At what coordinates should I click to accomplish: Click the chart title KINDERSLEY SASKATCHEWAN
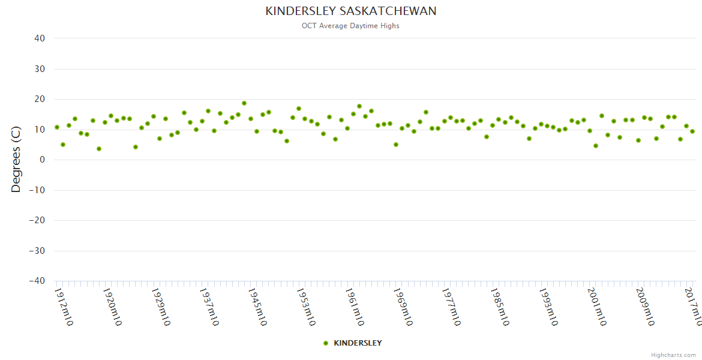351,11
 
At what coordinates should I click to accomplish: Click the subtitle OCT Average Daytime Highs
350,26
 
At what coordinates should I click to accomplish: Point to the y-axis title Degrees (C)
16,159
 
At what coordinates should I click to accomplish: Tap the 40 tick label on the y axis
40,38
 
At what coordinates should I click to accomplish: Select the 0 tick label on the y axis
43,160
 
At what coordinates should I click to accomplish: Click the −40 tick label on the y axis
37,281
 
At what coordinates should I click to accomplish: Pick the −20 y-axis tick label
37,220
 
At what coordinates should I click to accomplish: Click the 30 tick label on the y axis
40,69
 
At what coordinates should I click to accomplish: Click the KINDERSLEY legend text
358,343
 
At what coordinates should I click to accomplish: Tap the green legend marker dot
326,343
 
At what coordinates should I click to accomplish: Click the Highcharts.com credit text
673,355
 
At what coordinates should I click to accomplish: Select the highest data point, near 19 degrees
244,103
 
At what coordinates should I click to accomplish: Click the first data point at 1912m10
57,127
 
